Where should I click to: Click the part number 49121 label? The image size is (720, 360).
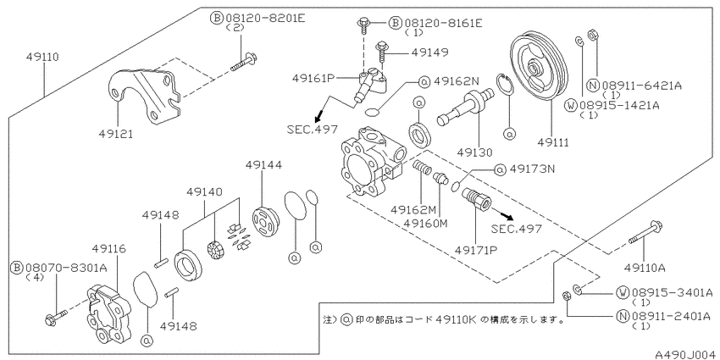[x=115, y=134]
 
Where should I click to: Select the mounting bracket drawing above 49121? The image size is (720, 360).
[x=145, y=95]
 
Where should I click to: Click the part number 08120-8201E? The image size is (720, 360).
[x=265, y=18]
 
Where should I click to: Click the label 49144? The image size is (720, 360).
[x=263, y=165]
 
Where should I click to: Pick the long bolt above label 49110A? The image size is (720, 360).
[x=646, y=234]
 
